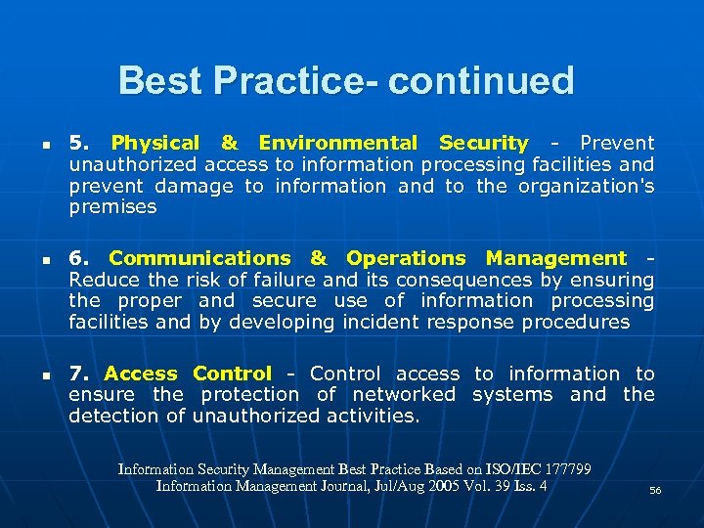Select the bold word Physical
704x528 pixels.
(155, 143)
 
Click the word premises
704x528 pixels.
(112, 207)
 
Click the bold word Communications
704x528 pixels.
(199, 258)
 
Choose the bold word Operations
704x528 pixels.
(406, 258)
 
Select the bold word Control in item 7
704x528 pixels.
(232, 374)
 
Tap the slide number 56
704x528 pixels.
(655, 490)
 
